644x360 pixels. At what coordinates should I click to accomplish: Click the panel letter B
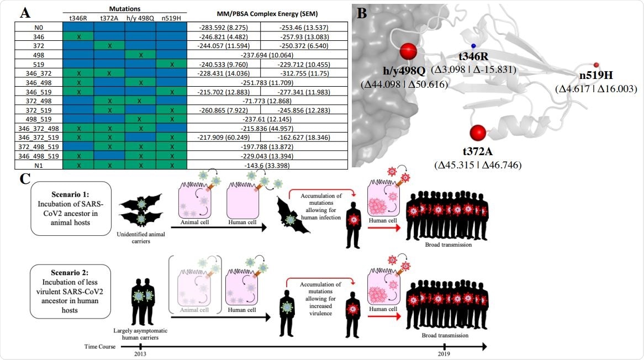point(363,13)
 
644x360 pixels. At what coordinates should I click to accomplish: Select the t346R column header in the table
point(78,17)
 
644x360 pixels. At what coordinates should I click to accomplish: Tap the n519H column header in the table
point(172,17)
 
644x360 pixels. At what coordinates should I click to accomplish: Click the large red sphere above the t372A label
point(478,133)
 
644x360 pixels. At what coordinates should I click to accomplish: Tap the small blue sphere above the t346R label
point(473,46)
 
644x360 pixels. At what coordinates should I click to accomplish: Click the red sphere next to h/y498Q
point(409,52)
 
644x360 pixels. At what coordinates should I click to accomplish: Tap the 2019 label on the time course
point(444,354)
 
